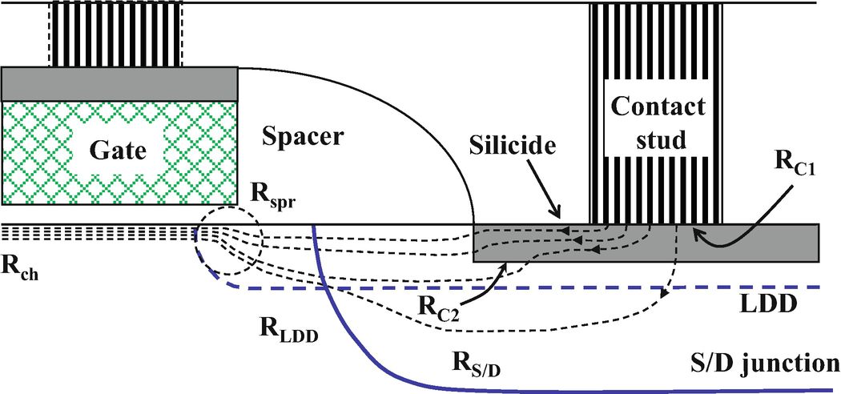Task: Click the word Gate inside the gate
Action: (120, 150)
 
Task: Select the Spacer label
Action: (302, 136)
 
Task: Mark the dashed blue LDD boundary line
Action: (561, 287)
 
